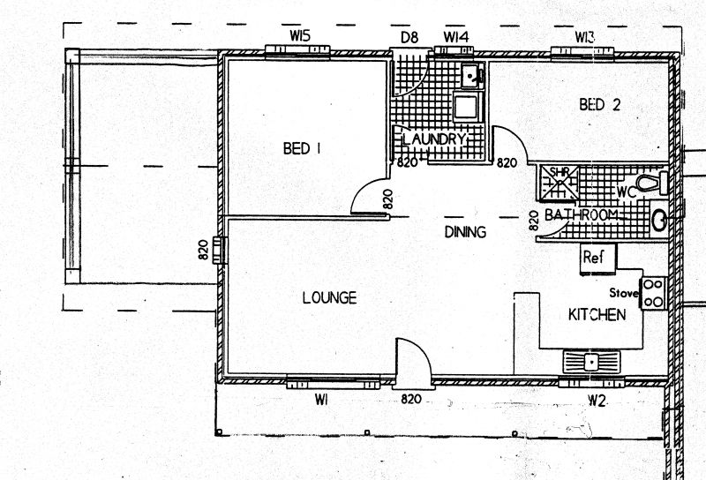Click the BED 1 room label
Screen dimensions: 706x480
click(x=302, y=148)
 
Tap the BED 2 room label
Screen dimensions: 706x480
click(x=600, y=104)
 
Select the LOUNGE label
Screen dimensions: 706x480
click(x=329, y=297)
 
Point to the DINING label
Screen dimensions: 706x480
click(x=466, y=232)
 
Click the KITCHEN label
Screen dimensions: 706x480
click(x=597, y=314)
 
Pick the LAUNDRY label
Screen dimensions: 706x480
click(x=432, y=139)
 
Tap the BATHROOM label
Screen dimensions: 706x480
click(x=582, y=214)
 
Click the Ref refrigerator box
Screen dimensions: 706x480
click(x=598, y=259)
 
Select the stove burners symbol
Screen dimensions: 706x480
click(x=653, y=293)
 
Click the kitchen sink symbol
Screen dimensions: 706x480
click(x=591, y=362)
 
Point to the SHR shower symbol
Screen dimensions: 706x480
click(x=560, y=183)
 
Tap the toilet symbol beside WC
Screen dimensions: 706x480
click(x=652, y=183)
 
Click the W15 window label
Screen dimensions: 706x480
click(x=300, y=35)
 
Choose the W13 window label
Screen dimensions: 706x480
click(x=584, y=37)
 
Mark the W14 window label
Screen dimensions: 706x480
click(x=456, y=36)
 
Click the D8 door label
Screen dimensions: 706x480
click(x=409, y=37)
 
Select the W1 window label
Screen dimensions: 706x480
click(x=321, y=399)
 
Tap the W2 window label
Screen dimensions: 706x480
click(x=597, y=401)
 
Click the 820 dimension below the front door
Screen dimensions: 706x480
click(x=411, y=399)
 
